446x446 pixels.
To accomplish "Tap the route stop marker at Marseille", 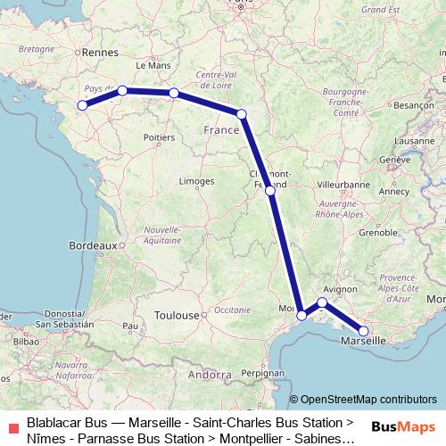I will pyautogui.click(x=363, y=331).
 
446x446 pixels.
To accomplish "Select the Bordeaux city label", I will pyautogui.click(x=93, y=244).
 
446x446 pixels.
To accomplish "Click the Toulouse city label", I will pyautogui.click(x=176, y=315).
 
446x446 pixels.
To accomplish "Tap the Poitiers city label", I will pyautogui.click(x=158, y=138).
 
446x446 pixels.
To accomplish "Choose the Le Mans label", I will pyautogui.click(x=153, y=66).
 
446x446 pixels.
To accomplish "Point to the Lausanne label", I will pyautogui.click(x=411, y=141).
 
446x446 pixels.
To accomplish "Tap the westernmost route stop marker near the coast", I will pyautogui.click(x=82, y=106).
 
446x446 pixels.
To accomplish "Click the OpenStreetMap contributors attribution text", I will pyautogui.click(x=368, y=400).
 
